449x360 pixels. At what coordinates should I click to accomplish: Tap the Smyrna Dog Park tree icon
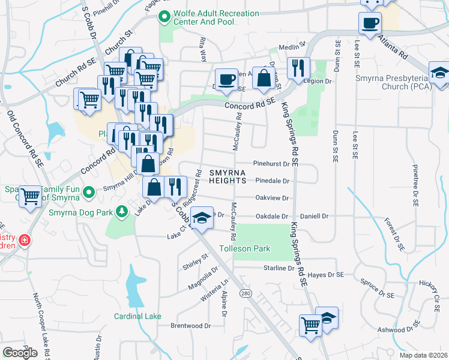click(x=122, y=211)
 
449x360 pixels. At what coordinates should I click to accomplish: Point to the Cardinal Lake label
click(x=137, y=316)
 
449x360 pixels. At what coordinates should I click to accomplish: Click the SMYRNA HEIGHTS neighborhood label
click(x=228, y=176)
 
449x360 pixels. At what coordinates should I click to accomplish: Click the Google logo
click(x=20, y=353)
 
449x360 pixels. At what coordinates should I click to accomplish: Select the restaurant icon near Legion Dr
click(x=297, y=67)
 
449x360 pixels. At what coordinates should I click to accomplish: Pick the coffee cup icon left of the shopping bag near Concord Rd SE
click(x=226, y=79)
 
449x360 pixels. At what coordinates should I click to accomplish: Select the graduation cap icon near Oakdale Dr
click(x=203, y=217)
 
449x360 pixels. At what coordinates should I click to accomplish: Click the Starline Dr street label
click(x=277, y=268)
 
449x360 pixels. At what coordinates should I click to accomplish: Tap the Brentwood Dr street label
click(x=191, y=326)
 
